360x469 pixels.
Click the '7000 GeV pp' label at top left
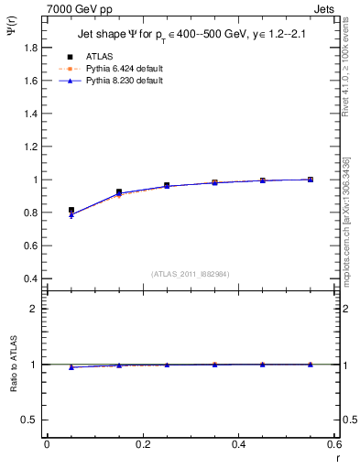(x=76, y=8)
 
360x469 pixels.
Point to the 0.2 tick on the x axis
(x=142, y=444)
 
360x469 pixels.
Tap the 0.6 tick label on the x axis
(x=333, y=444)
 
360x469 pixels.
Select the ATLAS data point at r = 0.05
(x=71, y=210)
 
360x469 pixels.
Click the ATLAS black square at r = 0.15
(x=119, y=192)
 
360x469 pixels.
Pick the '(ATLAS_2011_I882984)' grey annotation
(x=191, y=273)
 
